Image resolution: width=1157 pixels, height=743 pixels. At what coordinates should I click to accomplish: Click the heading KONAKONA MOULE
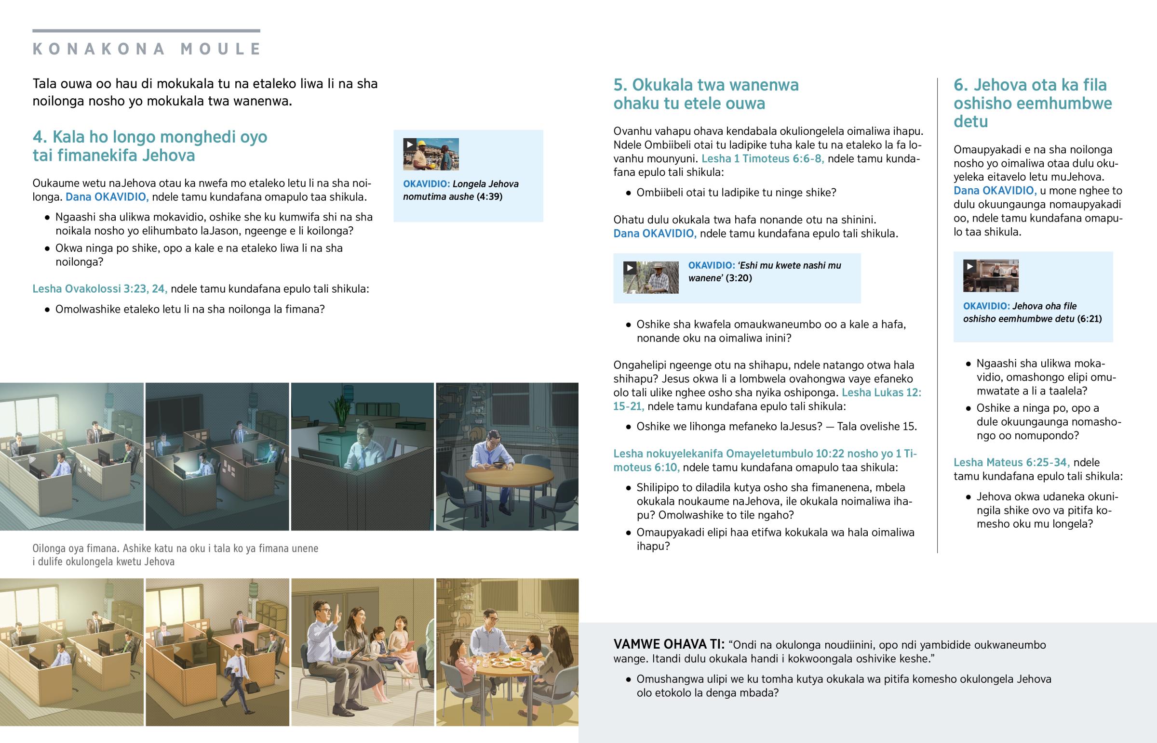pos(147,49)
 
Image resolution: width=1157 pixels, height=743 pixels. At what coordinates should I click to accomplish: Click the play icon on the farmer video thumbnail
pos(630,268)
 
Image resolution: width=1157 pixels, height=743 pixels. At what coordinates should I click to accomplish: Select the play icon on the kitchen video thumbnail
pos(969,266)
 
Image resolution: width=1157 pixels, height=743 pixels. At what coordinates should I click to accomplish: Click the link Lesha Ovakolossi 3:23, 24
pos(100,288)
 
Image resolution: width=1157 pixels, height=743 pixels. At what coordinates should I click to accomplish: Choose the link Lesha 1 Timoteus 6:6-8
pos(763,158)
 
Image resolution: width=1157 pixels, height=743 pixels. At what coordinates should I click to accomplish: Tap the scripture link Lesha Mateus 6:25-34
pos(1011,462)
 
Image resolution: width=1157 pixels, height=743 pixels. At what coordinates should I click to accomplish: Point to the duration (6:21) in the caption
pos(1090,318)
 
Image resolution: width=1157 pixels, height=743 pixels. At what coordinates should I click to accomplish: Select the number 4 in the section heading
pos(38,137)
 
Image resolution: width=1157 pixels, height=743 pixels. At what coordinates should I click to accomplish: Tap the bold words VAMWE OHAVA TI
pos(669,644)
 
